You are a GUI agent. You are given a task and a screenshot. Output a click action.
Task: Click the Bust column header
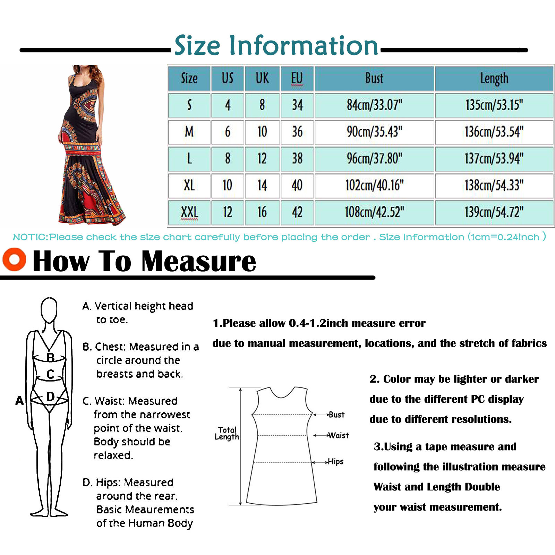pyautogui.click(x=374, y=78)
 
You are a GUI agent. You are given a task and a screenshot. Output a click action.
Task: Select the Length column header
pyautogui.click(x=494, y=78)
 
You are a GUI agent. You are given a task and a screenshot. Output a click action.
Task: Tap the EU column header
pyautogui.click(x=297, y=78)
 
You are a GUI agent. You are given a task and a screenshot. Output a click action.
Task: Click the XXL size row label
pyautogui.click(x=189, y=212)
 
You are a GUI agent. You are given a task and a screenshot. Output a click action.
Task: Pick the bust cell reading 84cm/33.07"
pyautogui.click(x=374, y=105)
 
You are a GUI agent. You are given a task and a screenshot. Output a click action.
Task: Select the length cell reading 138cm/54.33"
pyautogui.click(x=494, y=185)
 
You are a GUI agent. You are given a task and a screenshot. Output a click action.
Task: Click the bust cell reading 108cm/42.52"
pyautogui.click(x=374, y=212)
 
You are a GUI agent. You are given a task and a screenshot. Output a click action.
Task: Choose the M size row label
pyautogui.click(x=189, y=132)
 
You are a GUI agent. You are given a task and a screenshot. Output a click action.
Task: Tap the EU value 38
pyautogui.click(x=297, y=159)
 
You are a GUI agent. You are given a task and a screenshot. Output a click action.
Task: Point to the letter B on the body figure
pyautogui.click(x=50, y=357)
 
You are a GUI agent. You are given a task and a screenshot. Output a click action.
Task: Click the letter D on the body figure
pyautogui.click(x=50, y=396)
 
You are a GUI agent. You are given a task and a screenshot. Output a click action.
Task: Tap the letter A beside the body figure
pyautogui.click(x=19, y=401)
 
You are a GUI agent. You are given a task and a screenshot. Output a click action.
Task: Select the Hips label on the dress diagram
pyautogui.click(x=335, y=462)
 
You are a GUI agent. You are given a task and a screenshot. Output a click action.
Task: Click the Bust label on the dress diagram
pyautogui.click(x=336, y=415)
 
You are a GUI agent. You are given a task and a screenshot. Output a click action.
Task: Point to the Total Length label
pyautogui.click(x=227, y=433)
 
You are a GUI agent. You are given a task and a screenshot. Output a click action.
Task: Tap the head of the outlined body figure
pyautogui.click(x=49, y=309)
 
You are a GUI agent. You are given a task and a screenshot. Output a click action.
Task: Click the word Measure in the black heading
pyautogui.click(x=199, y=261)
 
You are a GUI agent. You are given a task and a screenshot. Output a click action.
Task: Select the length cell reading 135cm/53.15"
pyautogui.click(x=494, y=105)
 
